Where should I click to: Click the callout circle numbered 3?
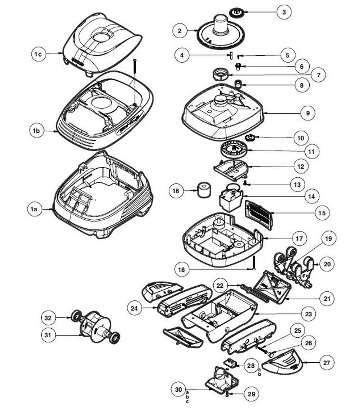(x=284, y=12)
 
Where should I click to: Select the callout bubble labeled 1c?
(x=38, y=54)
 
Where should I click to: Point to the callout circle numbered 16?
(x=176, y=191)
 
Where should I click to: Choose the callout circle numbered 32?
(x=48, y=318)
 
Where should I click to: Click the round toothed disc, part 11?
(x=233, y=150)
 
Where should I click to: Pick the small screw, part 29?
(x=227, y=395)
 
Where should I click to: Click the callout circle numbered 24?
(x=135, y=308)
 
